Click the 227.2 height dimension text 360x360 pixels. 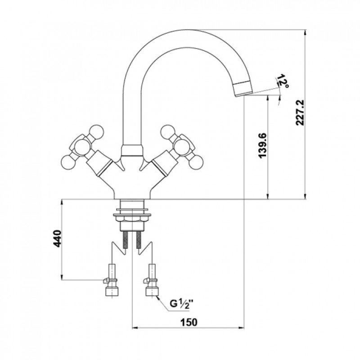coord(300,112)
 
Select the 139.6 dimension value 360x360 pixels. coord(262,145)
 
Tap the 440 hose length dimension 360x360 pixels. coord(57,238)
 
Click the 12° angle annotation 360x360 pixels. coord(283,81)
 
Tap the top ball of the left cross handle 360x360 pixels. coord(96,132)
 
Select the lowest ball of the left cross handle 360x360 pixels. coord(68,162)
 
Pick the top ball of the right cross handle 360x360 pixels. coord(168,132)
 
